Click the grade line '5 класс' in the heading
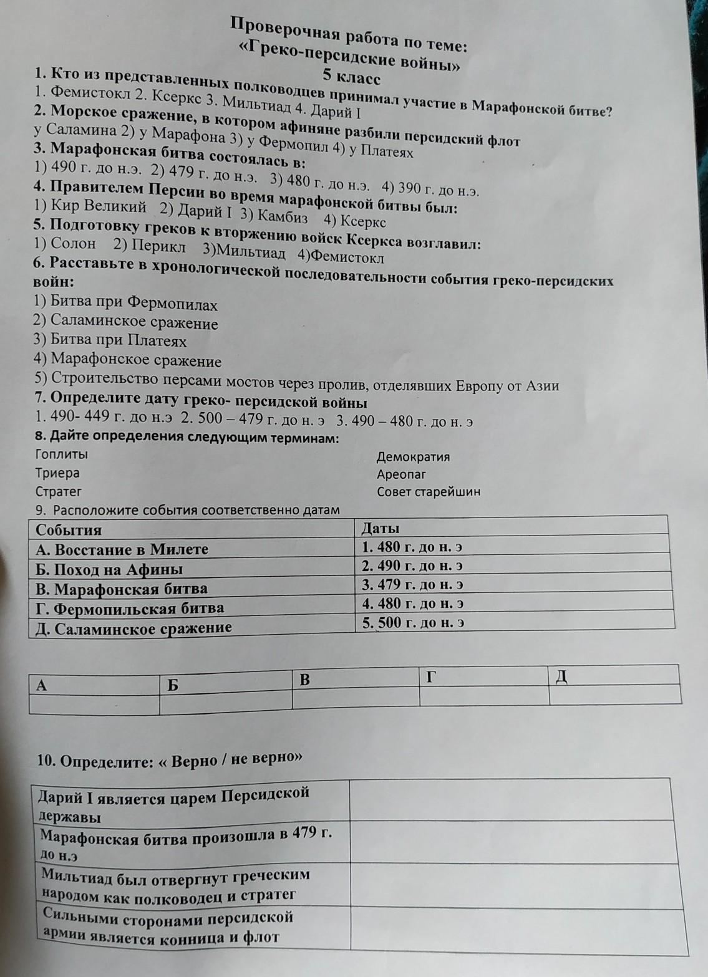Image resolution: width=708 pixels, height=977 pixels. (351, 77)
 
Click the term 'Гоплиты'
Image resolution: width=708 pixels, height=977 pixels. (62, 454)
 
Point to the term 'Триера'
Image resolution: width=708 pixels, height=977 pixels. (57, 473)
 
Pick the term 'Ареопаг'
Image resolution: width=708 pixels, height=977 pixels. (401, 474)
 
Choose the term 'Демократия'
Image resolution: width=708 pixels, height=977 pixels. (413, 457)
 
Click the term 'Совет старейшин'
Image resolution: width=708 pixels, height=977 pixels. (429, 492)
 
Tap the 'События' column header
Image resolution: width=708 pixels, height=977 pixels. (69, 530)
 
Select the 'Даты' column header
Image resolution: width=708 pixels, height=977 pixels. (381, 529)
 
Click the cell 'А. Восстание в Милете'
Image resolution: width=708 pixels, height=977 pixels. (122, 549)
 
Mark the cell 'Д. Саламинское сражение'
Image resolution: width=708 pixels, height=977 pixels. (133, 628)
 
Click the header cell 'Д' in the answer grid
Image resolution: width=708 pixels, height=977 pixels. (561, 676)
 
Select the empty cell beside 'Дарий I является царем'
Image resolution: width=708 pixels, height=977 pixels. (510, 801)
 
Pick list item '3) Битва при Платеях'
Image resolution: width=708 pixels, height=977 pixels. (110, 341)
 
